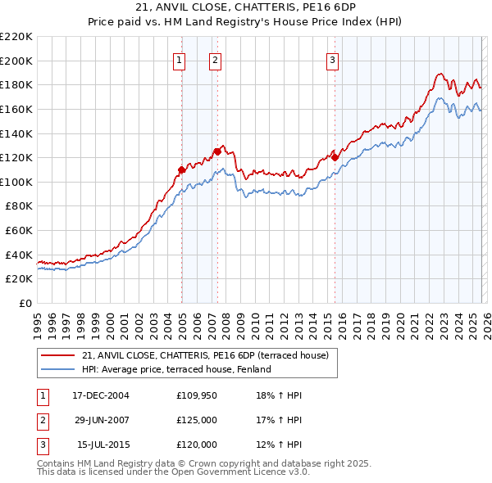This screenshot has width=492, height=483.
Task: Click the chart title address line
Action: point(246,6)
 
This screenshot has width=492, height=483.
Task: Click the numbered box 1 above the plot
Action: point(179,59)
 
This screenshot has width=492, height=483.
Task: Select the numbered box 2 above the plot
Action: point(215,59)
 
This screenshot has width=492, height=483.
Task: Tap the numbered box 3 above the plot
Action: point(332,59)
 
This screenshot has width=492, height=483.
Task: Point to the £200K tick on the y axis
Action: point(17,61)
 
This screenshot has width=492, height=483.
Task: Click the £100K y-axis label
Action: point(17,182)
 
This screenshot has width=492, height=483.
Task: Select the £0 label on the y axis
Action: point(26,303)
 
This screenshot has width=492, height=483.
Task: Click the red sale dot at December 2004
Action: point(181,169)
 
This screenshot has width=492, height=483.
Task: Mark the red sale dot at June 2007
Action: point(217,151)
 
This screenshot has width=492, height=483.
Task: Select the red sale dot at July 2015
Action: point(335,157)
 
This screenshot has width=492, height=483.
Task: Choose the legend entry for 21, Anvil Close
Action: point(205,355)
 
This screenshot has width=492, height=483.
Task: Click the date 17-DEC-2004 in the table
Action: point(101,395)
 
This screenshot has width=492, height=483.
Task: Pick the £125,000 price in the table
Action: point(197,420)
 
